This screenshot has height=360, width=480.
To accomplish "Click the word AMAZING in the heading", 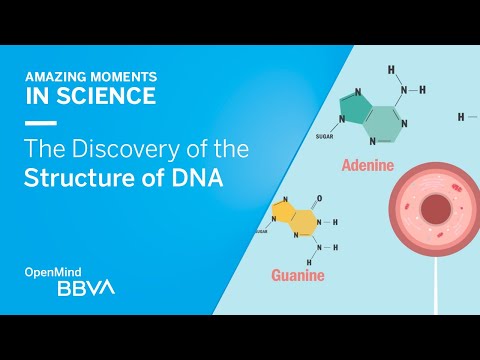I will click(x=54, y=78).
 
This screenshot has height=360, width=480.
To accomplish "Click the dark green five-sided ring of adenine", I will click(x=353, y=106).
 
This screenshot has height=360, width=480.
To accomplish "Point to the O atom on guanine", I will click(x=318, y=197).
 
